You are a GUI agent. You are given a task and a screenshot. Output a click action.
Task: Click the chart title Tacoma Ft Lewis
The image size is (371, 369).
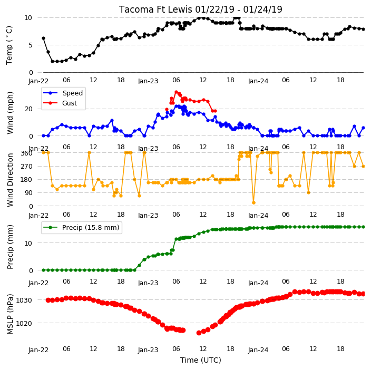(155, 9)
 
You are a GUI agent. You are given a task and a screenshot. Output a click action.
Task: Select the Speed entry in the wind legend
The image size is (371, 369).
(63, 93)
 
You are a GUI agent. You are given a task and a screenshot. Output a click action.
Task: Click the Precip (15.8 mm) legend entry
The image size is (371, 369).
(81, 227)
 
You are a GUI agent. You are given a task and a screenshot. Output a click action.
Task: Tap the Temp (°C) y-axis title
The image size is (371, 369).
(9, 45)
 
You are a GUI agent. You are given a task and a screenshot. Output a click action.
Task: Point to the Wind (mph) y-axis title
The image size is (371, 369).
(10, 113)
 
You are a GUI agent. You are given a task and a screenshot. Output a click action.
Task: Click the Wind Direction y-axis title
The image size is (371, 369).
(10, 180)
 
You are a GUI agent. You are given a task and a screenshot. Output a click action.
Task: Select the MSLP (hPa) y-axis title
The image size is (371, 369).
(10, 314)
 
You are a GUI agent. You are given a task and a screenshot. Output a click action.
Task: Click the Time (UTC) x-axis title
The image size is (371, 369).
(201, 360)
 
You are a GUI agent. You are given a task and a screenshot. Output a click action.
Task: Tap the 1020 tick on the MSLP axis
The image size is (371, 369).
(24, 323)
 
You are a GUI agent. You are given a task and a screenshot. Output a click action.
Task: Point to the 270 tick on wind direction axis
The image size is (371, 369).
(26, 167)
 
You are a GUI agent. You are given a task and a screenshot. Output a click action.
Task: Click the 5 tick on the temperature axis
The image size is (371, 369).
(31, 45)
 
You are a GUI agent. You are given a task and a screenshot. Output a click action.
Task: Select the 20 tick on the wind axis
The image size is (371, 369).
(28, 109)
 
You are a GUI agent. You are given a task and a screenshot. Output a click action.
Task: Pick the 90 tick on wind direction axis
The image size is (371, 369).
(28, 193)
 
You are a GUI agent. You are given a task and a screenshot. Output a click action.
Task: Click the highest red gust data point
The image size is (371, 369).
(176, 92)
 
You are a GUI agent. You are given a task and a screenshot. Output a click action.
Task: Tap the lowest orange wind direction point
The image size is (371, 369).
(253, 202)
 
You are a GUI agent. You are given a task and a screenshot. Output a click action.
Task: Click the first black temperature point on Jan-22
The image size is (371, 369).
(44, 38)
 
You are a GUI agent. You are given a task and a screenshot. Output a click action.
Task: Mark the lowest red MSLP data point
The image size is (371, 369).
(199, 333)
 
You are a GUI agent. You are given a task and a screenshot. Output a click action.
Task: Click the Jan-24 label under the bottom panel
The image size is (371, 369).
(258, 350)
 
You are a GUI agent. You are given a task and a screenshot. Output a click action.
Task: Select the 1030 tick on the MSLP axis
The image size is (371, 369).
(24, 300)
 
